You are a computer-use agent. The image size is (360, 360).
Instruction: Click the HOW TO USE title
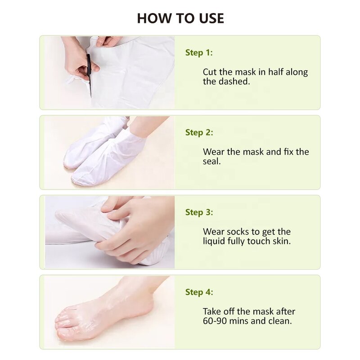(x=180, y=18)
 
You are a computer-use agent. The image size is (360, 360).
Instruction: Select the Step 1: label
(x=199, y=53)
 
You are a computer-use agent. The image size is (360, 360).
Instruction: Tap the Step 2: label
(x=199, y=132)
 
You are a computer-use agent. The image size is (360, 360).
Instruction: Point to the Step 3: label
(x=199, y=212)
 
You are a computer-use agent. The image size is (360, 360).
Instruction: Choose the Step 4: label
(x=199, y=292)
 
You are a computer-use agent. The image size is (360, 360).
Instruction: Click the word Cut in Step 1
(x=210, y=72)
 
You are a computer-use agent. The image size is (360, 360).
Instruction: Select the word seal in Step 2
(x=211, y=162)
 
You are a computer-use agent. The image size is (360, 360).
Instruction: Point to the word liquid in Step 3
(x=215, y=242)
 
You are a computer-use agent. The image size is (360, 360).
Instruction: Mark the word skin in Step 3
(x=281, y=242)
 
